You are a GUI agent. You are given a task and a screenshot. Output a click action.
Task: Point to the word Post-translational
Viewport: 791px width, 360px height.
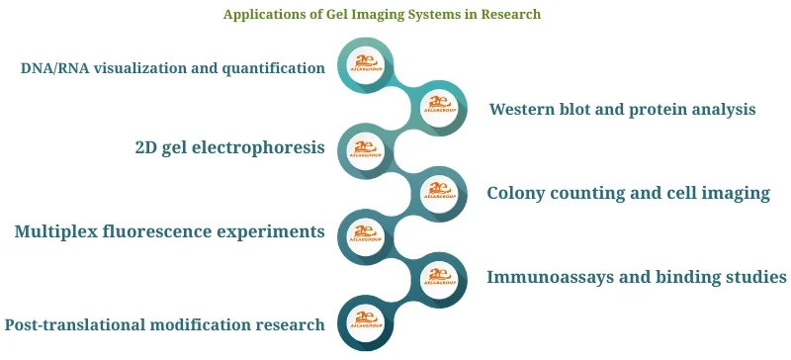tap(77, 324)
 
